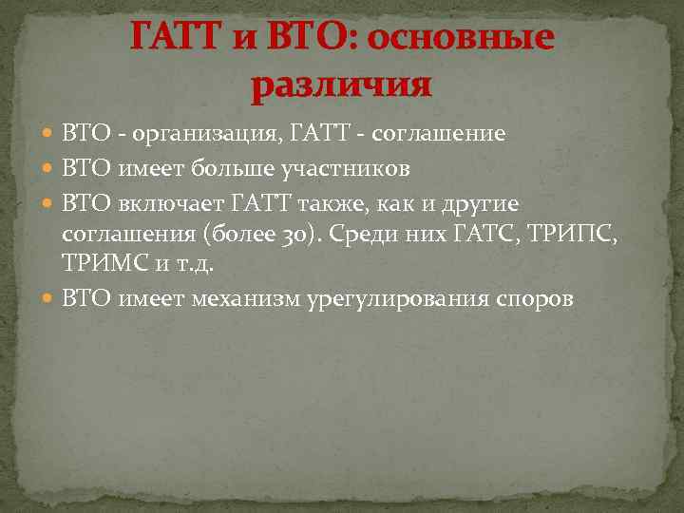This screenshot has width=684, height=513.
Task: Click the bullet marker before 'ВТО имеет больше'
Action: coord(48,169)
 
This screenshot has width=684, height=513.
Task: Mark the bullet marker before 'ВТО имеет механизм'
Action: coord(48,300)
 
